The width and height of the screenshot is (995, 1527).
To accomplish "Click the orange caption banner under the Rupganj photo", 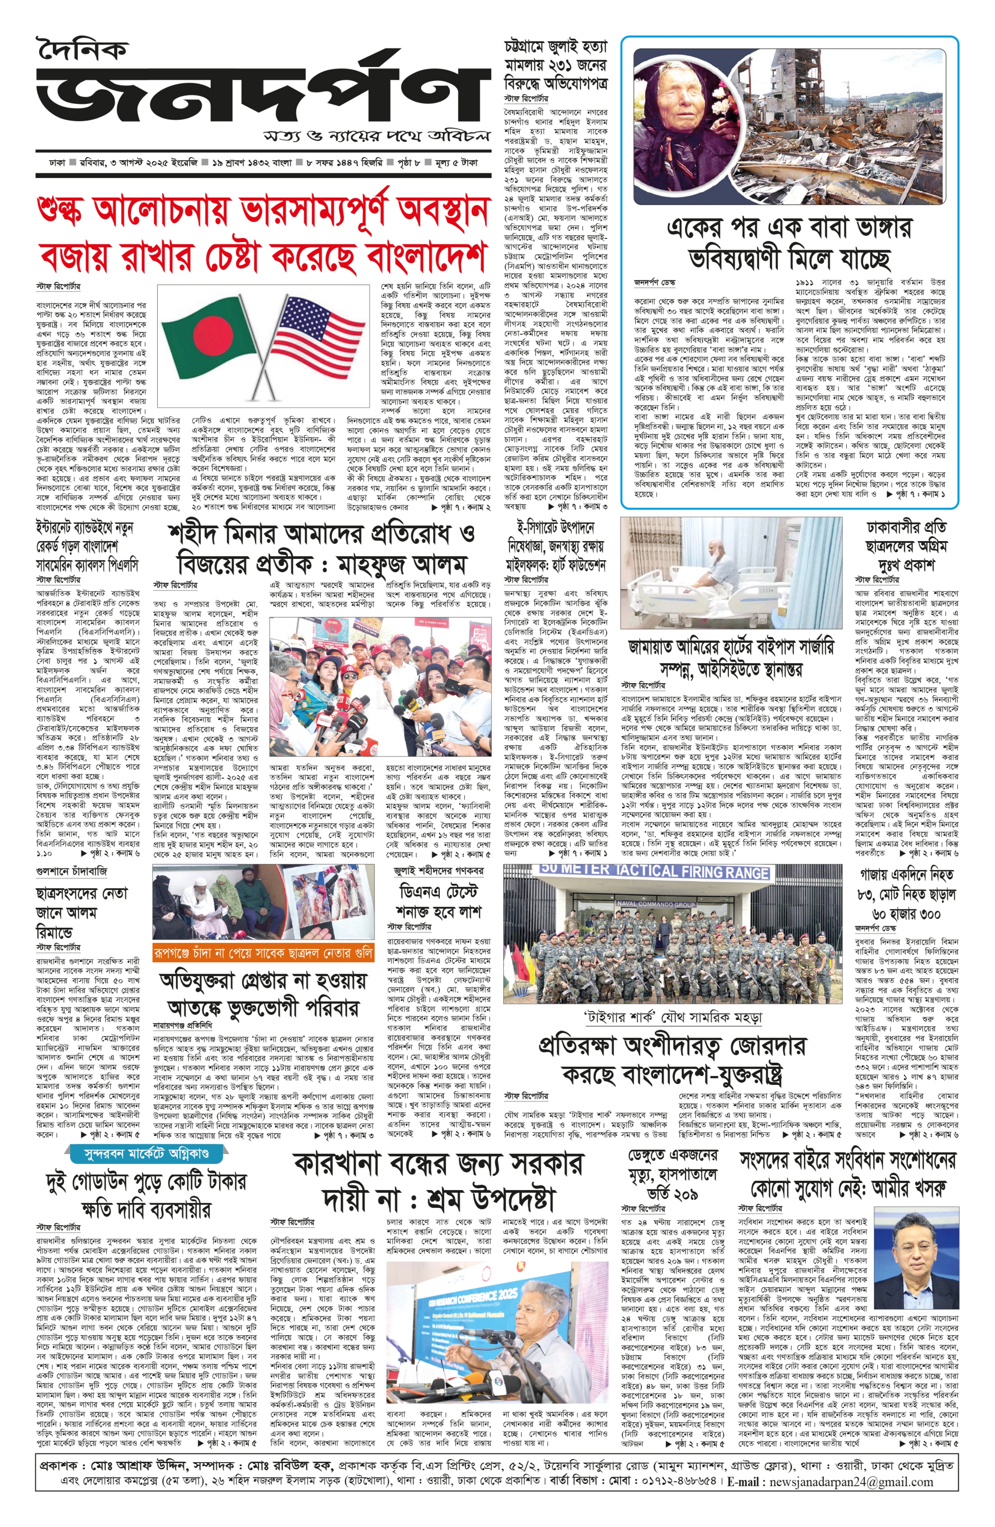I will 264,953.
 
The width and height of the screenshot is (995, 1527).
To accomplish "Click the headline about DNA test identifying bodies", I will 440,902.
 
